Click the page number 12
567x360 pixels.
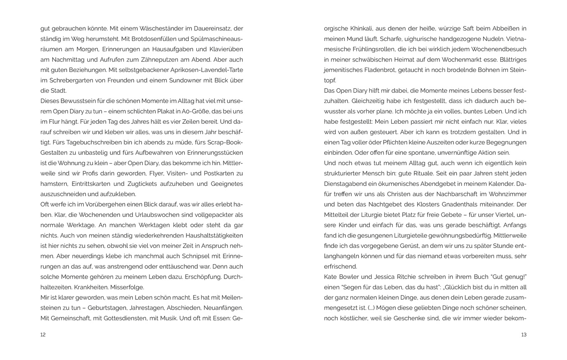click(x=43, y=334)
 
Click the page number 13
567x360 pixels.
click(x=524, y=334)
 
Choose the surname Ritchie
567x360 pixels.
click(x=419, y=277)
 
